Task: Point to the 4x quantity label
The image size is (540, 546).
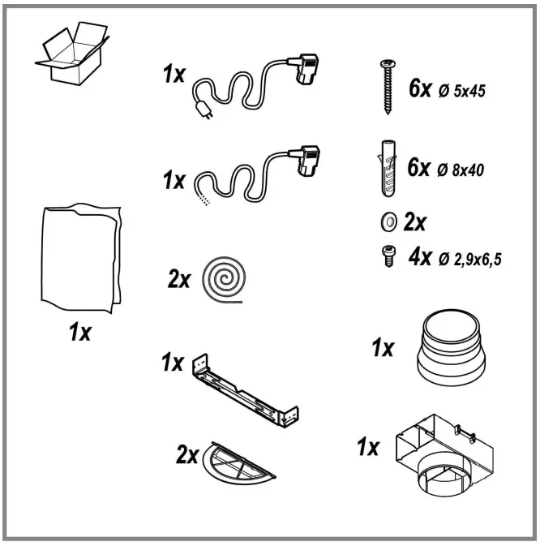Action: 420,258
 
